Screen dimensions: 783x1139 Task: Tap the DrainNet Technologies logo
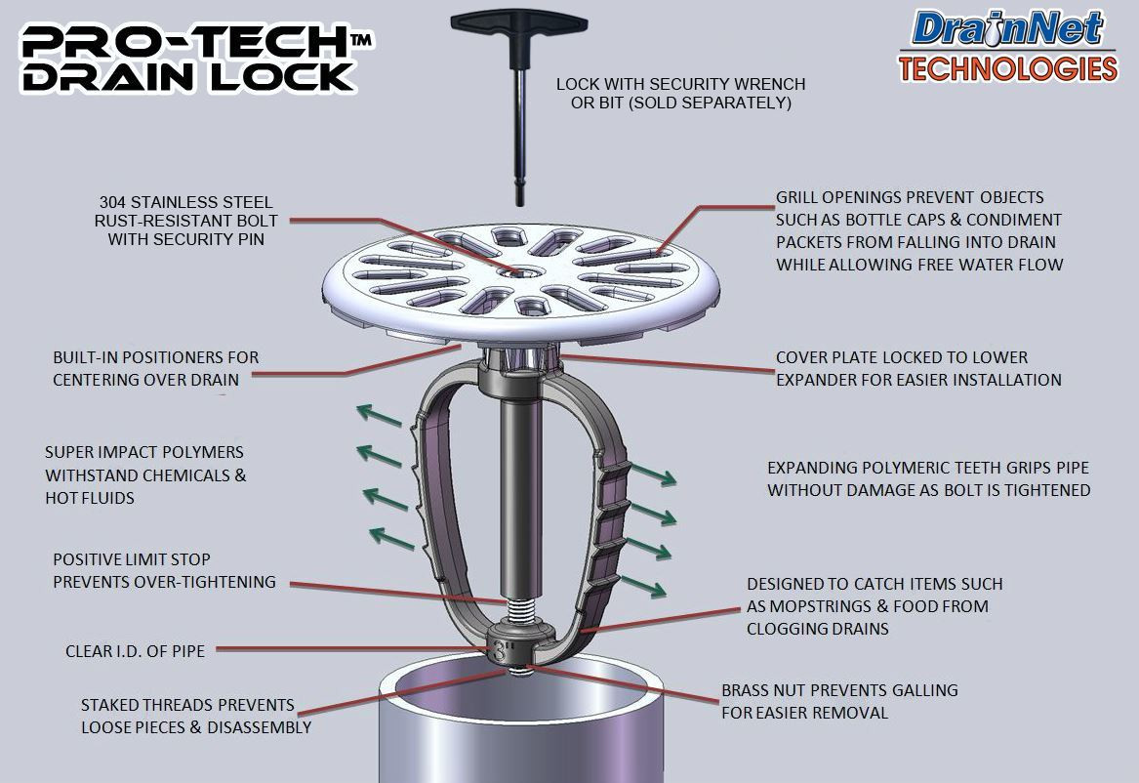(1007, 45)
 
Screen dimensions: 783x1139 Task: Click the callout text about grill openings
(918, 230)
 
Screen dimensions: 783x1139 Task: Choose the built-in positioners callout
(156, 368)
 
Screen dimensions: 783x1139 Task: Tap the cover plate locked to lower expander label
(917, 368)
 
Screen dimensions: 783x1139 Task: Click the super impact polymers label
(144, 475)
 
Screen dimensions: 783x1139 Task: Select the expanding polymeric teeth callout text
(928, 478)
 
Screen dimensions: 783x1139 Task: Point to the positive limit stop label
(164, 571)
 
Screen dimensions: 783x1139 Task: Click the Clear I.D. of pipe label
(135, 650)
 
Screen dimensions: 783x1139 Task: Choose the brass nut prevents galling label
(838, 701)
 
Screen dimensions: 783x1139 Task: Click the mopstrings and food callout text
(874, 606)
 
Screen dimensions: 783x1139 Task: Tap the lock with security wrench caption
(680, 93)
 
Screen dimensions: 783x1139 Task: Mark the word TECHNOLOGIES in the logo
(1008, 68)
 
